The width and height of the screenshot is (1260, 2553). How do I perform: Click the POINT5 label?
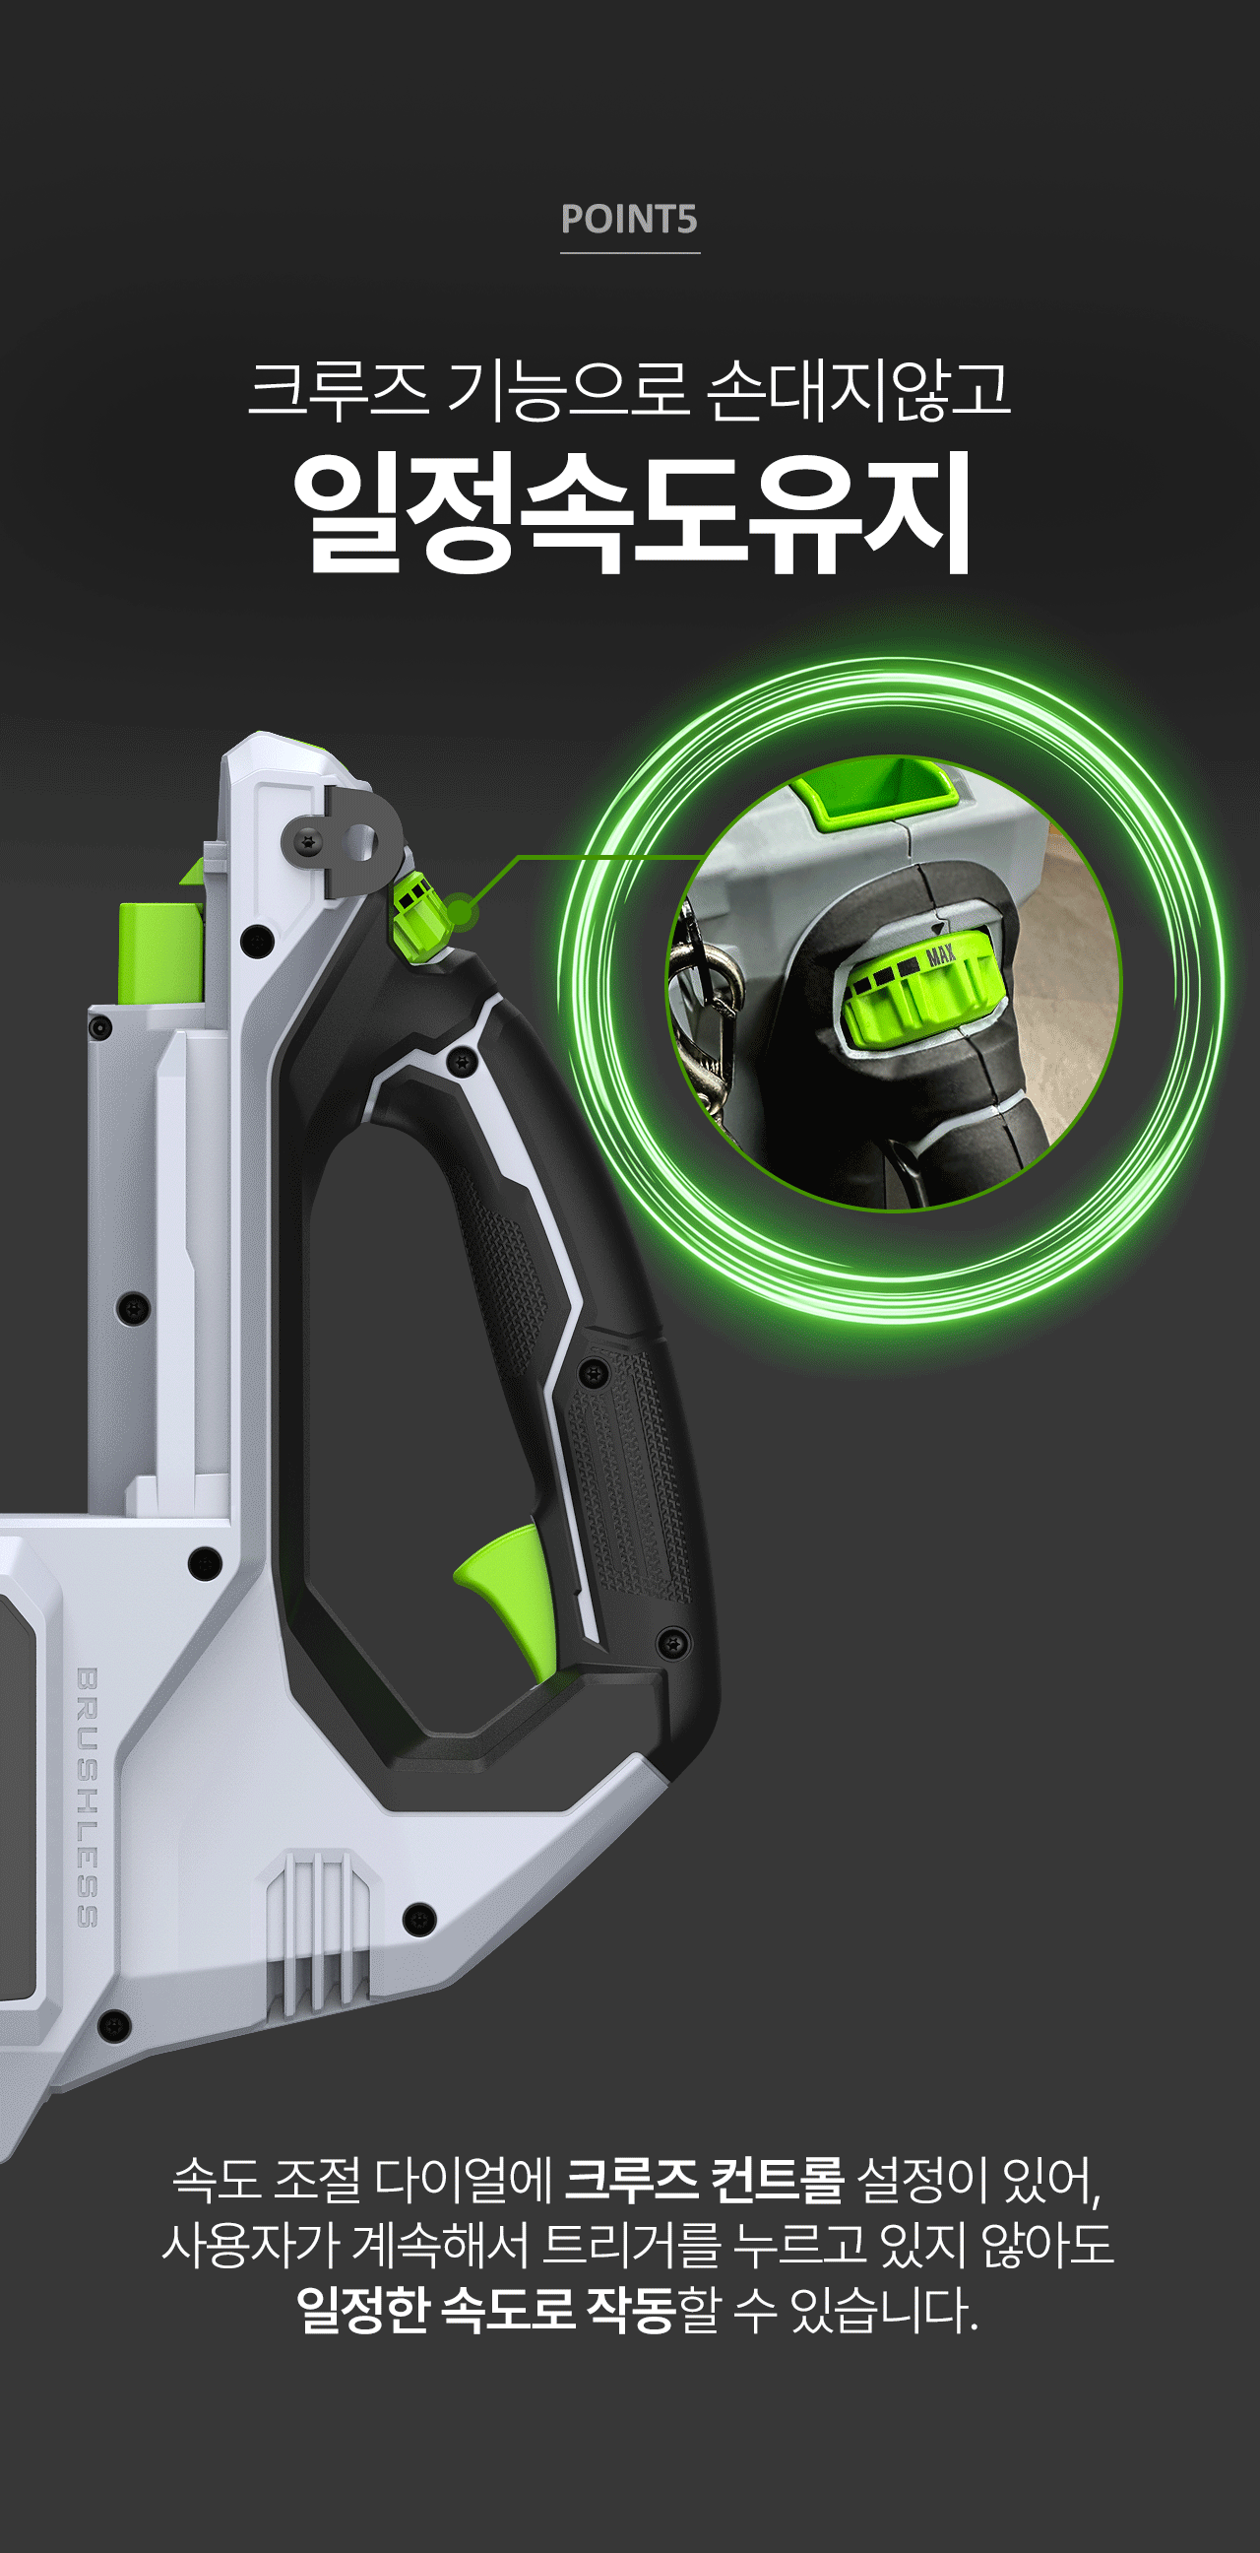pos(629,219)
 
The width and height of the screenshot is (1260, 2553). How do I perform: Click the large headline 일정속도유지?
pos(631,512)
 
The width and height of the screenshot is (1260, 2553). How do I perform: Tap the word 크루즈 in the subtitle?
pos(339,390)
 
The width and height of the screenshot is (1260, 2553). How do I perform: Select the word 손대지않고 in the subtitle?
pos(858,390)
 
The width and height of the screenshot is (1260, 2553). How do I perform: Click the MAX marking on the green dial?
pos(940,955)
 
